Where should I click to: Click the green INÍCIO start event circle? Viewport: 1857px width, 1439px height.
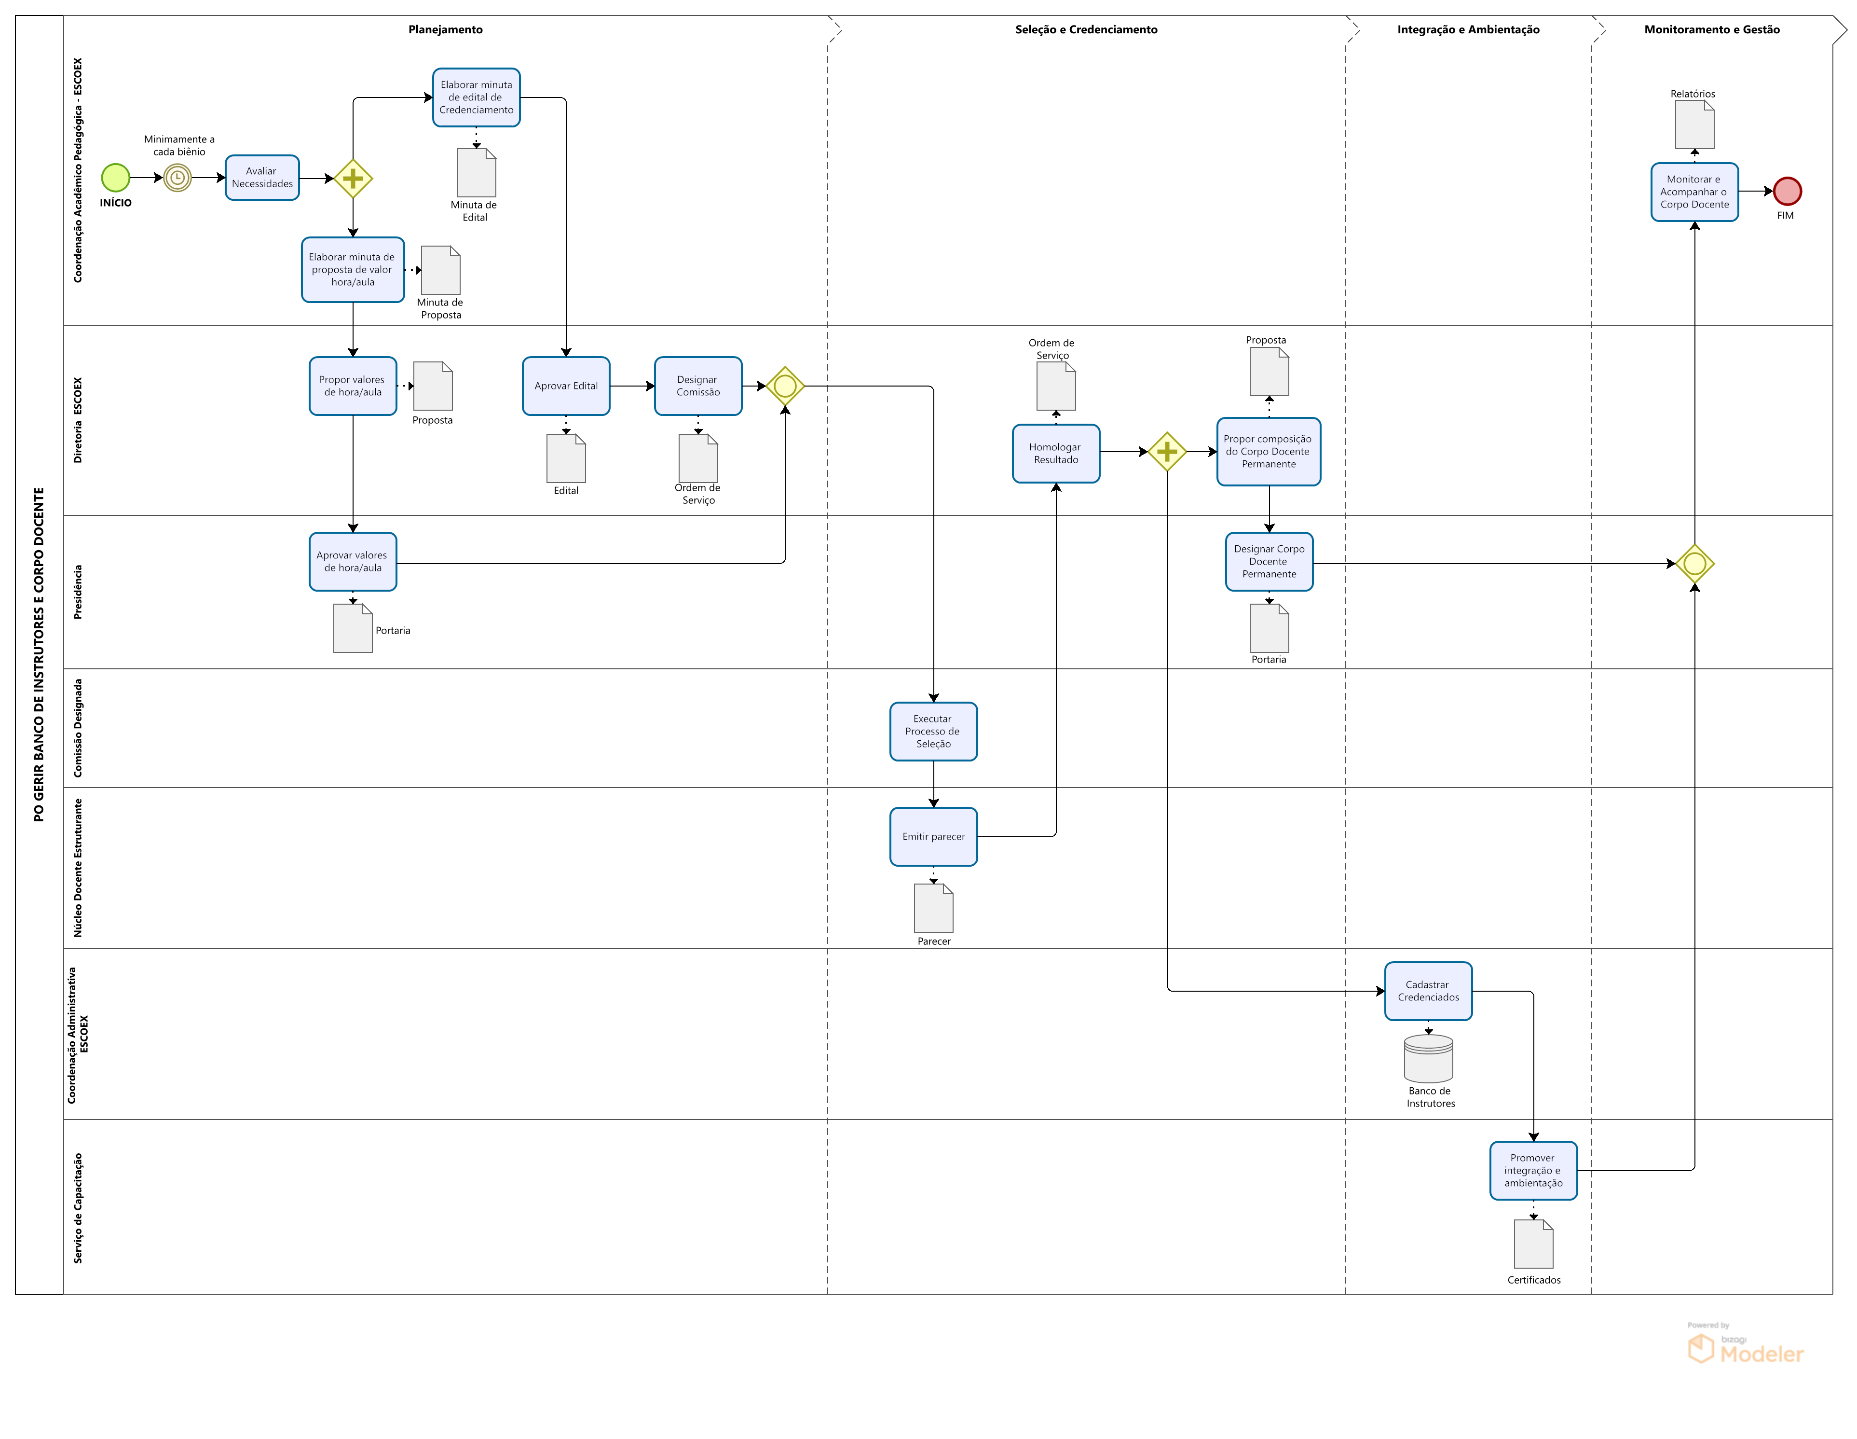point(116,178)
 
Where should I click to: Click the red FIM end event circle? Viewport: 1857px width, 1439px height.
point(1787,192)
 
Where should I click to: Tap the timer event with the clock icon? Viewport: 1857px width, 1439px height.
point(178,178)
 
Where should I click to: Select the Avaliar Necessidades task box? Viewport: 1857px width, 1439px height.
point(262,178)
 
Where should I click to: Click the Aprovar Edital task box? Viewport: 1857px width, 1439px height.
point(566,386)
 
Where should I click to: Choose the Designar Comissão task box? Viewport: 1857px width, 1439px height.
point(698,386)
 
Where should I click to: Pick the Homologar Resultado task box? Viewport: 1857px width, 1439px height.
point(1056,453)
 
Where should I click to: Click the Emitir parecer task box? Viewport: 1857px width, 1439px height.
point(934,837)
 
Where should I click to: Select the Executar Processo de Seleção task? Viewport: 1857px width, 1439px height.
point(934,732)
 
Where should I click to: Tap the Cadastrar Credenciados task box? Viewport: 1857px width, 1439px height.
point(1429,991)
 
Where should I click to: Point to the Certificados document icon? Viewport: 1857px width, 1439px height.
point(1534,1244)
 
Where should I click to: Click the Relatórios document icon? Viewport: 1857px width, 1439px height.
point(1694,125)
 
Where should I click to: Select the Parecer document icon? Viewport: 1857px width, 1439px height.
point(934,908)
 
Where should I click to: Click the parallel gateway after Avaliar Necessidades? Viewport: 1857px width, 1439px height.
point(353,179)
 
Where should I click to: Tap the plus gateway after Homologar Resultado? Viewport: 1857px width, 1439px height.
point(1167,452)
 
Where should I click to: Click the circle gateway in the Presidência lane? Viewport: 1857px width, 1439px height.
point(1694,564)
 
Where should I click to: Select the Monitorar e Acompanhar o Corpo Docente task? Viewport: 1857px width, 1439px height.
point(1694,192)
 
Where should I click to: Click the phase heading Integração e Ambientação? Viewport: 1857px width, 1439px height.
point(1468,30)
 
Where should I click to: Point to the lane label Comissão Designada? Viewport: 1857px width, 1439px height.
point(78,728)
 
